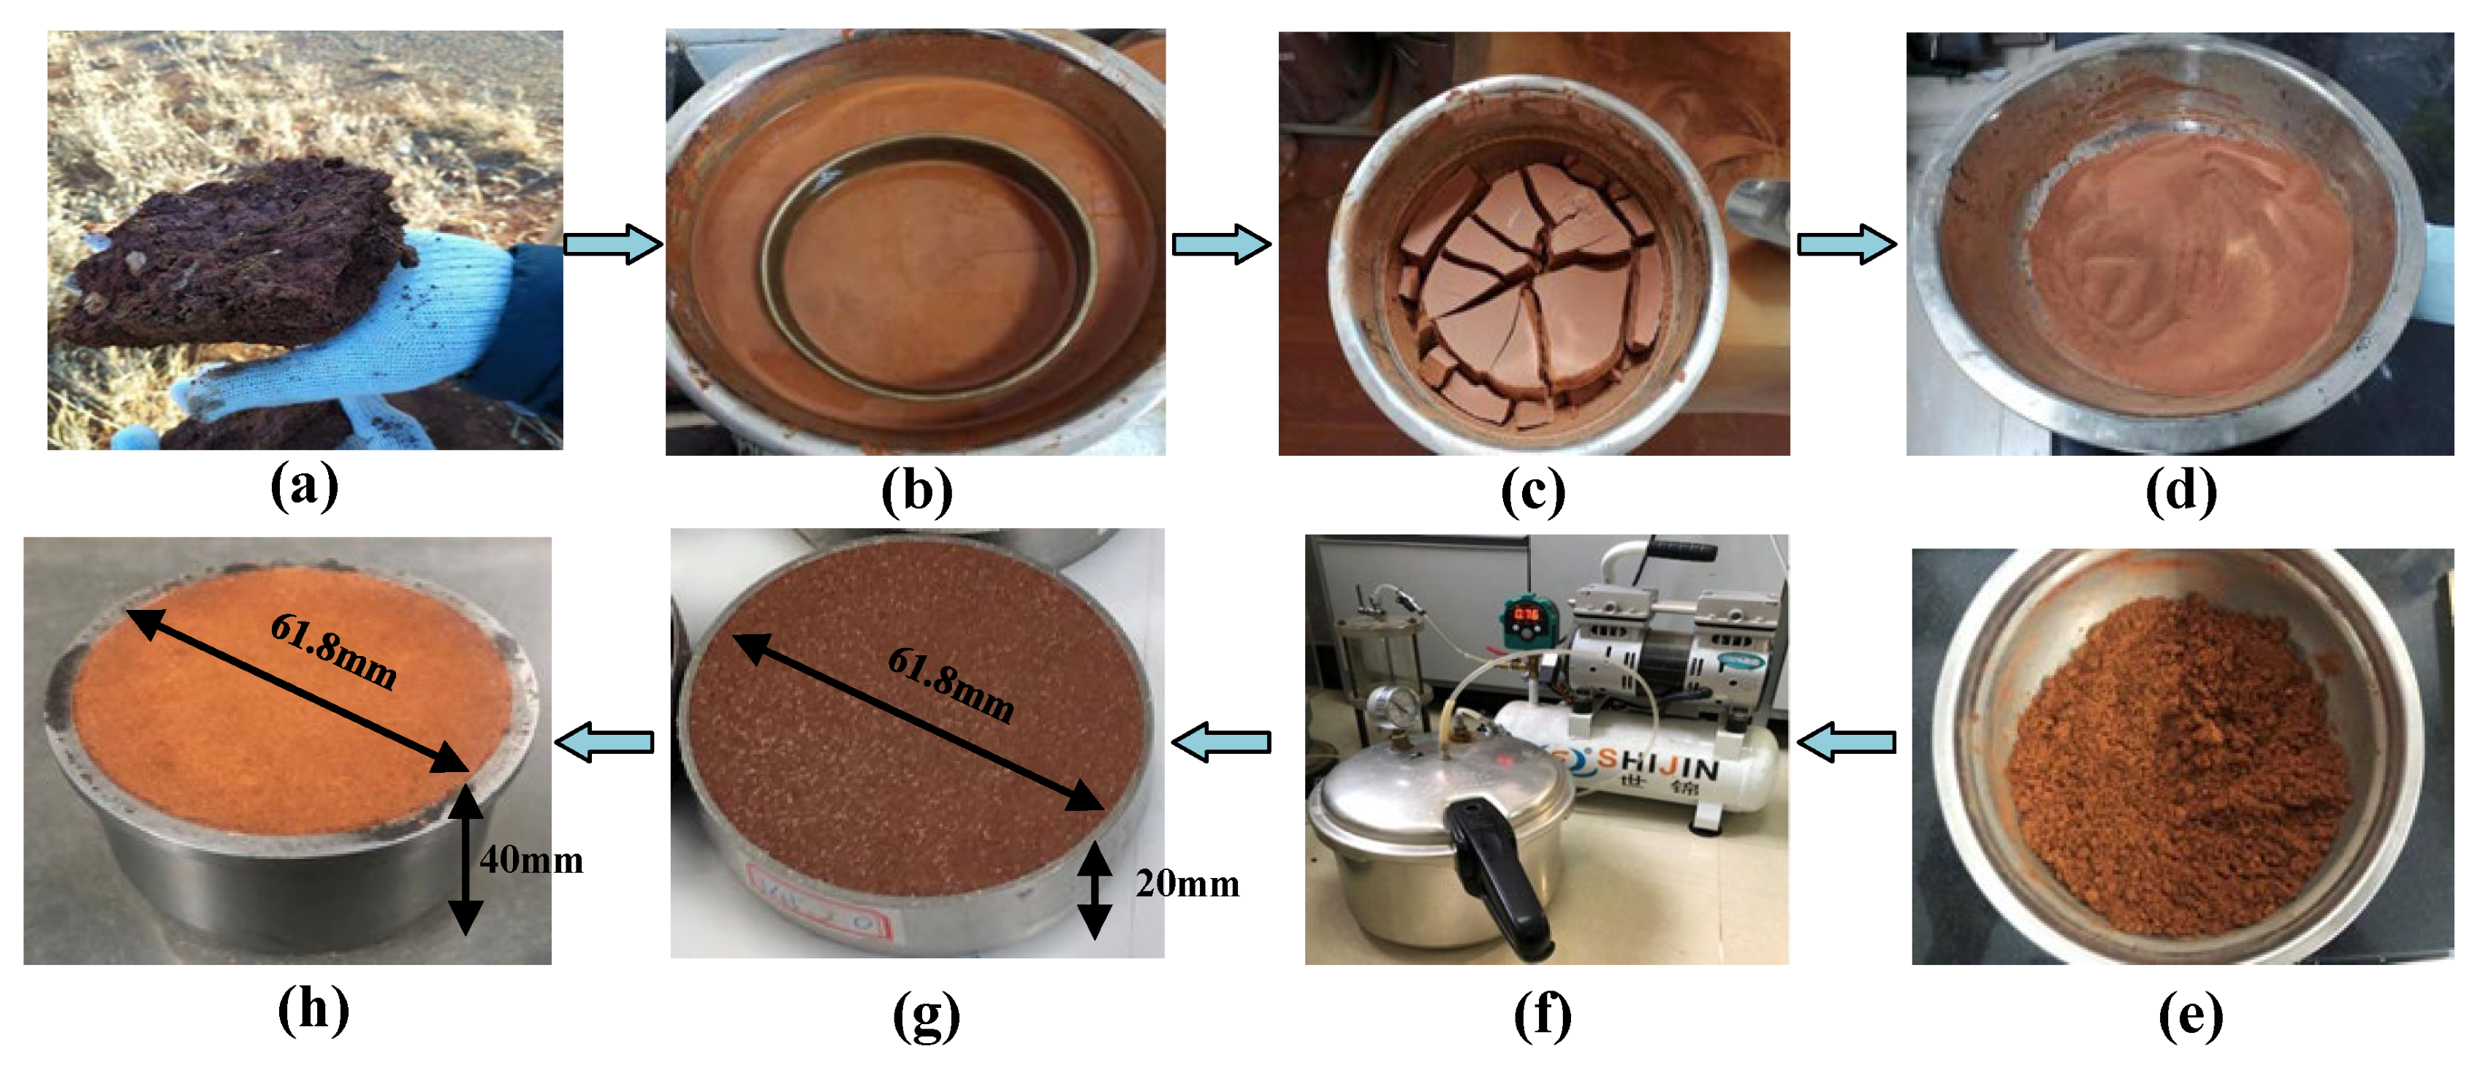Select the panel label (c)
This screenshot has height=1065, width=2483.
(x=1532, y=492)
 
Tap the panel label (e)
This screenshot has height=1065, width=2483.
(x=2190, y=1015)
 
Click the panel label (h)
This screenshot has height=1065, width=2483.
(x=313, y=1011)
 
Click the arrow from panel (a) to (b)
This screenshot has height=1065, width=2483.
(x=613, y=244)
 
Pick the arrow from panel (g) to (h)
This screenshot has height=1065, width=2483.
(x=605, y=742)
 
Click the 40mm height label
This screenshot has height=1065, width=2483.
(x=531, y=860)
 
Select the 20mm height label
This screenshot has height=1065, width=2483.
(x=1187, y=884)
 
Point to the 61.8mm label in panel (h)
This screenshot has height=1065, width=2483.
(x=333, y=652)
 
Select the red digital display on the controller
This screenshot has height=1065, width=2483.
(x=1525, y=614)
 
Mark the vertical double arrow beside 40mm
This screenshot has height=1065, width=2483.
(x=465, y=860)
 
